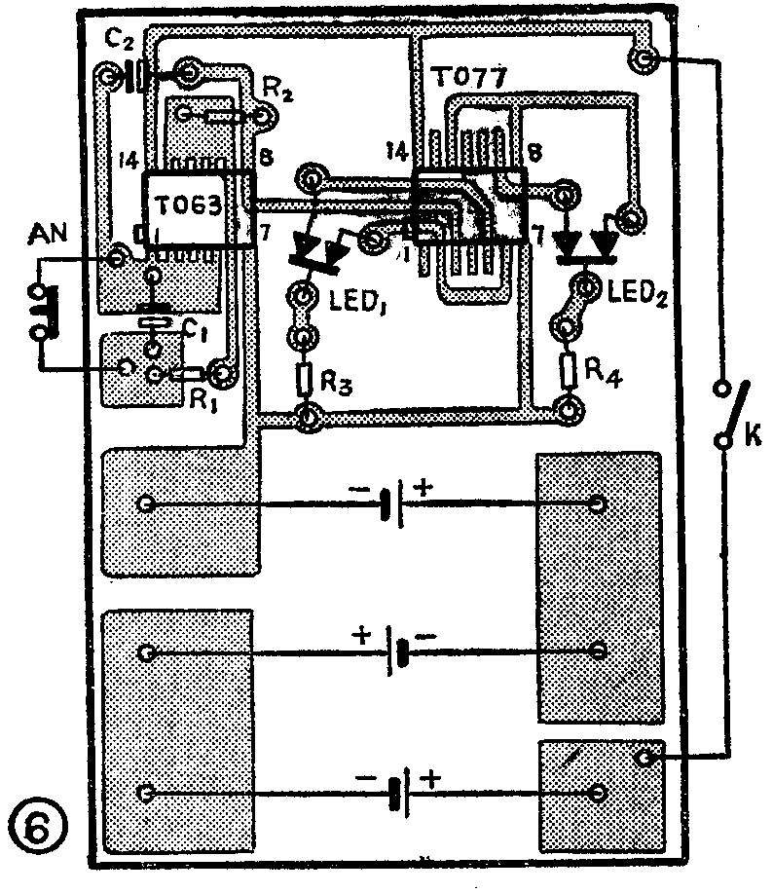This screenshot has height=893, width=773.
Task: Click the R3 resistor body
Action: [306, 376]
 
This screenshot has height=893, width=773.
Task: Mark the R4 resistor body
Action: [567, 369]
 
